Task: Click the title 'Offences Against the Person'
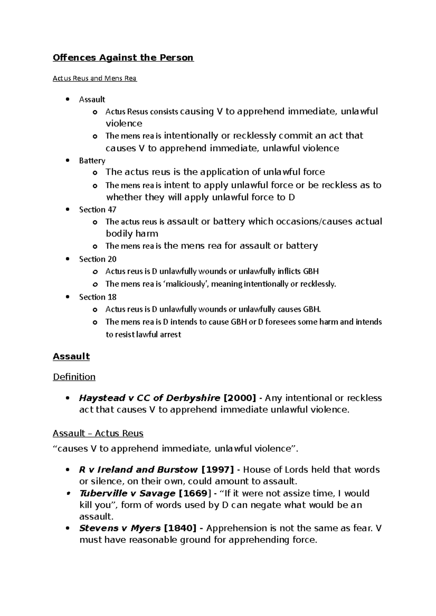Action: point(123,58)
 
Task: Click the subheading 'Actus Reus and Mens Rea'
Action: point(94,78)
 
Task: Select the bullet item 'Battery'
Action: point(92,161)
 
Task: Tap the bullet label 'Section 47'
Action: point(97,210)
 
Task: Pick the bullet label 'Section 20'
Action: point(97,259)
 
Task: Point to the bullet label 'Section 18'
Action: point(97,297)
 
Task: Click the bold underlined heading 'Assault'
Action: point(71,357)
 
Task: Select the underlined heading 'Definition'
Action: point(74,377)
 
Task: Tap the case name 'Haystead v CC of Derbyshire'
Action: point(149,398)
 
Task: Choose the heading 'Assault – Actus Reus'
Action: point(98,433)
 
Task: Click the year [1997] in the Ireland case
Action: point(217,470)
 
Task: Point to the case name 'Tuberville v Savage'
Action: point(127,493)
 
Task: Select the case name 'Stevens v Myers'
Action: point(120,528)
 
